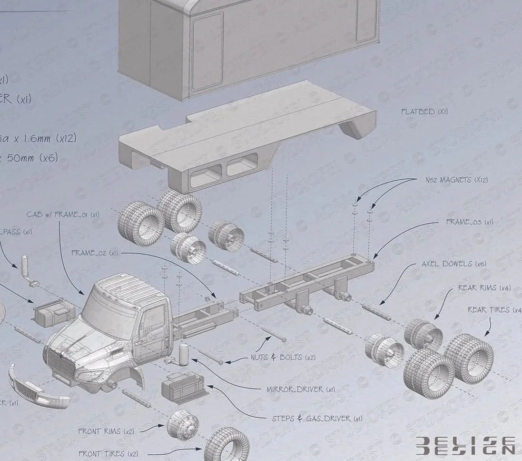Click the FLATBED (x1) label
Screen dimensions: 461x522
point(424,112)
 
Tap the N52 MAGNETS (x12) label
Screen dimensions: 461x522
point(456,180)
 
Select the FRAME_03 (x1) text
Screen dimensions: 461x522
point(469,222)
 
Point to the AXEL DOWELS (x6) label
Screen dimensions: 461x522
point(454,264)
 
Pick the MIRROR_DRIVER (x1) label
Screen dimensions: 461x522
point(301,389)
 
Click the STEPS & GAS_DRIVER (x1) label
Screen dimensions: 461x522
point(317,419)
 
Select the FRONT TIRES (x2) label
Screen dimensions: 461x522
point(108,454)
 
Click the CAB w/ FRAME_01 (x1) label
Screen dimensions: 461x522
point(63,214)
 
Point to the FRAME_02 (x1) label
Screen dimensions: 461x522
point(94,253)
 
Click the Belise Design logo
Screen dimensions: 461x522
point(465,444)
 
